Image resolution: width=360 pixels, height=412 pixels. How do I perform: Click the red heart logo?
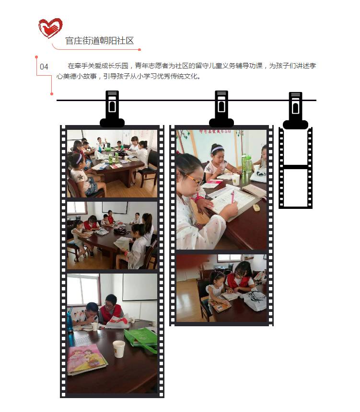click(50, 28)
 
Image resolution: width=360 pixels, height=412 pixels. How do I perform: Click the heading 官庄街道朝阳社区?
click(100, 41)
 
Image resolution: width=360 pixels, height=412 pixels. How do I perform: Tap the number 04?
click(44, 67)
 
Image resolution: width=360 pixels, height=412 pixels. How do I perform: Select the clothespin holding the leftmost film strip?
click(112, 109)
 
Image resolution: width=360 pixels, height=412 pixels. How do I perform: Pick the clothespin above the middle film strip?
click(221, 109)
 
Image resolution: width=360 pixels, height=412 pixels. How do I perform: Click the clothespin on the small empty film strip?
click(295, 110)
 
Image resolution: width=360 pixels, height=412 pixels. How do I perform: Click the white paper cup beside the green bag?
click(118, 349)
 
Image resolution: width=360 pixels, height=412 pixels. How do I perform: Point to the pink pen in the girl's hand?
click(232, 196)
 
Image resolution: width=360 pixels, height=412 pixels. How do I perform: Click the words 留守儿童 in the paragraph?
click(209, 66)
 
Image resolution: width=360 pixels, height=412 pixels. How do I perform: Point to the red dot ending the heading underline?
click(139, 49)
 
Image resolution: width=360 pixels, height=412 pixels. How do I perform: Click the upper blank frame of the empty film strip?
click(296, 147)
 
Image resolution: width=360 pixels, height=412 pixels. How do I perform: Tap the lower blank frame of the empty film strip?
click(296, 187)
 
